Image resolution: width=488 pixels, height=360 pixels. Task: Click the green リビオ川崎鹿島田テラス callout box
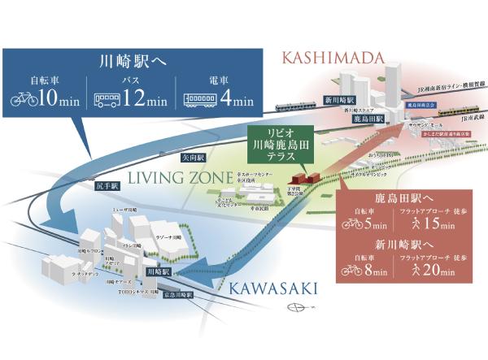[x=279, y=144]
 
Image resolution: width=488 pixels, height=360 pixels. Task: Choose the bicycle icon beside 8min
[x=352, y=269]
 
